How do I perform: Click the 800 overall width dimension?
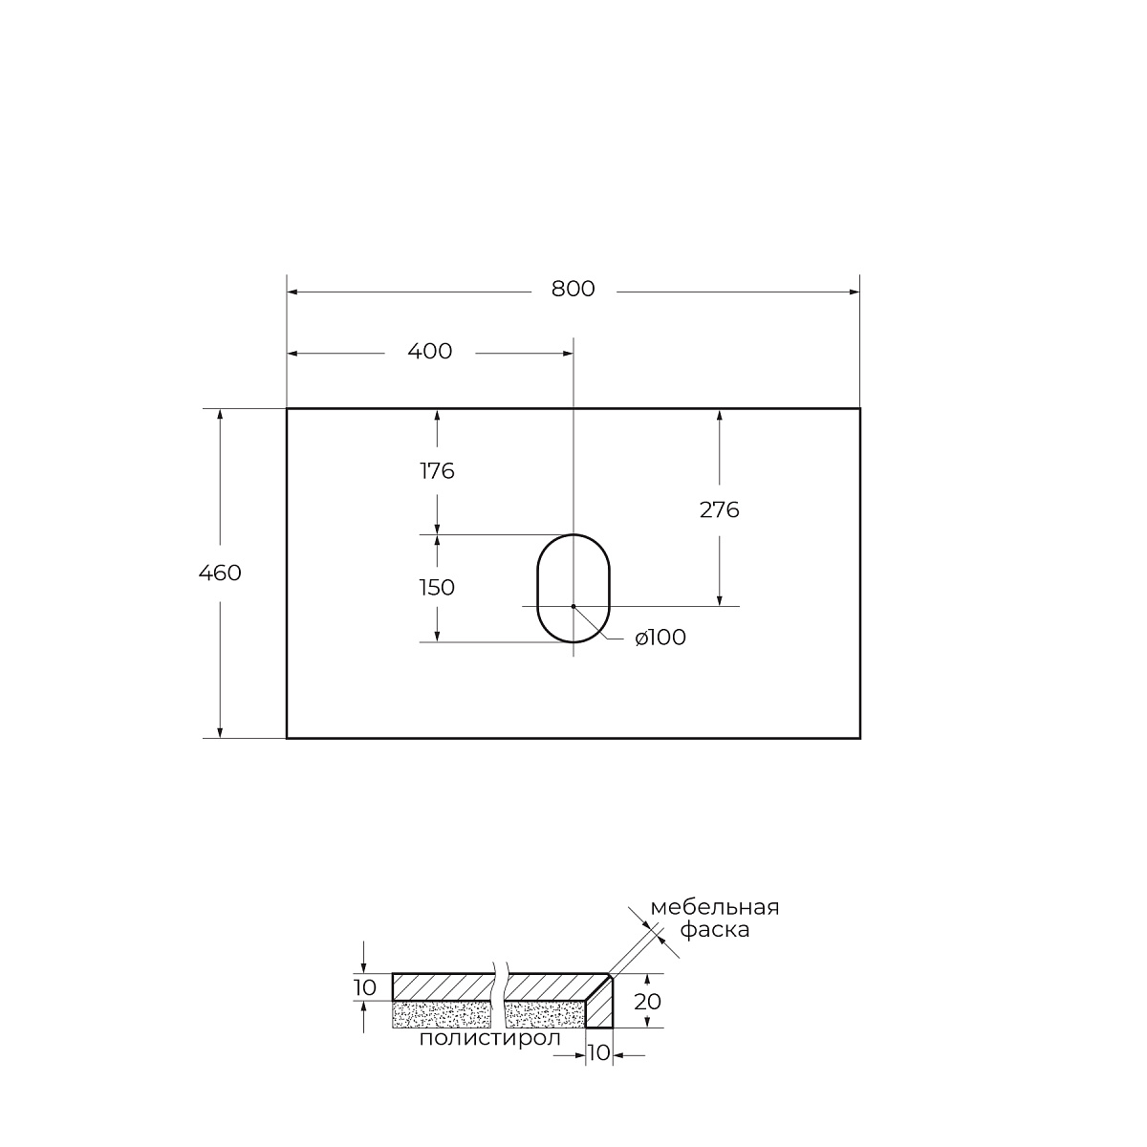(573, 289)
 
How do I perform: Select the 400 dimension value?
(430, 351)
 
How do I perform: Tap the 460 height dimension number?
(220, 573)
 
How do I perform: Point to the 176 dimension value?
(438, 471)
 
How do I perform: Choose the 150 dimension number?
(438, 588)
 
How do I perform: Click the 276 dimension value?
(719, 510)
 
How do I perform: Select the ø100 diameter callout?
(660, 638)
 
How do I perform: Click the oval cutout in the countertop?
(537, 588)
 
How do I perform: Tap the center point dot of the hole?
(573, 606)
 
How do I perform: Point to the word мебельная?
(715, 908)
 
